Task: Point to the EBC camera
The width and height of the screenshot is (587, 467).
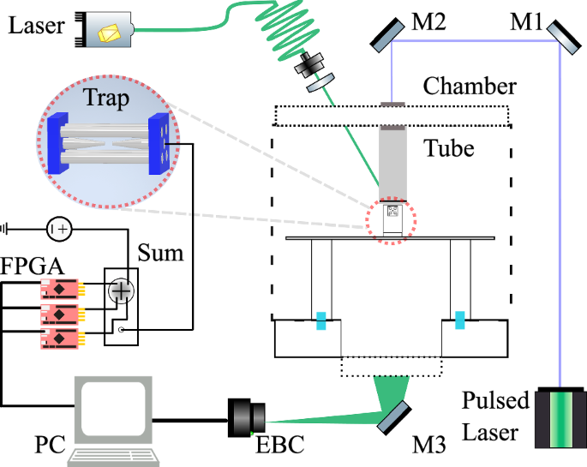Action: (x=248, y=416)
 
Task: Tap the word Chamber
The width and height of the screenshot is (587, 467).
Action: (x=470, y=87)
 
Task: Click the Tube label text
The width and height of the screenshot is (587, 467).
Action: (x=449, y=147)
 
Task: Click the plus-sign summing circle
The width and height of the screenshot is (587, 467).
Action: (x=123, y=291)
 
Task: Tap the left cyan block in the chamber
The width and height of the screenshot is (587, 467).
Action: (x=321, y=320)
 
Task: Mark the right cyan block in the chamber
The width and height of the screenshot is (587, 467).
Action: (x=461, y=320)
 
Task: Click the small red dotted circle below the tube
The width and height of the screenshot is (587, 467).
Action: (x=391, y=220)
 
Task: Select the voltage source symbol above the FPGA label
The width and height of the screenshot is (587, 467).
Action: (x=59, y=229)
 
